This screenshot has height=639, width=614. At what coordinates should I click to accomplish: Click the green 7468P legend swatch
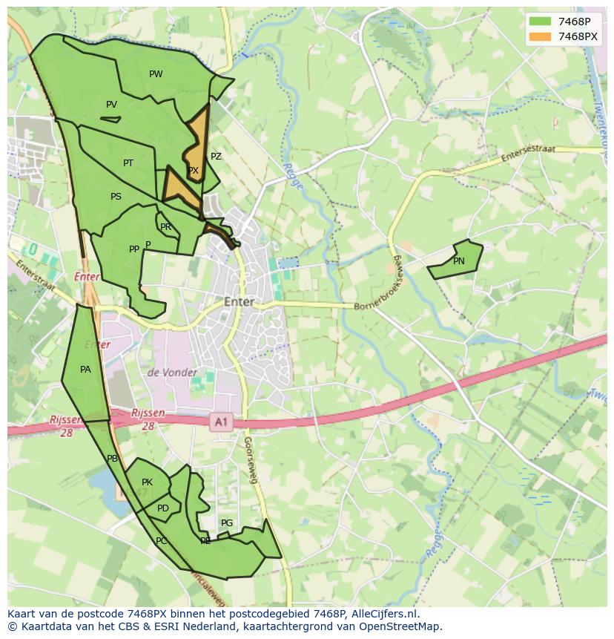coord(541,21)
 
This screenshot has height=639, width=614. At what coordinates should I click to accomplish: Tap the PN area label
coord(459,261)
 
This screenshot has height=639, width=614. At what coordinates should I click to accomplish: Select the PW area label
coord(156,74)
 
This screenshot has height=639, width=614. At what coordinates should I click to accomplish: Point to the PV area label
coord(111,105)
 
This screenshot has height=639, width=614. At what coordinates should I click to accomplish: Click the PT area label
coord(128,163)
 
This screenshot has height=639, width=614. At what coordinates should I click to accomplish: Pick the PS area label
coord(116,197)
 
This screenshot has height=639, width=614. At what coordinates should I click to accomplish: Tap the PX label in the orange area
coord(194,171)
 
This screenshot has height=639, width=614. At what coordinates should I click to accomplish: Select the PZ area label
coord(216,157)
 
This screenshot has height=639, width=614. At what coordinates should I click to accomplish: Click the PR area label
coord(165,227)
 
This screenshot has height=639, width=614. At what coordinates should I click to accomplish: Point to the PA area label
coord(85,370)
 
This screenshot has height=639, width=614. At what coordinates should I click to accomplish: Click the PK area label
coord(147,482)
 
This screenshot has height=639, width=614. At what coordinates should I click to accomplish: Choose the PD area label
coord(163,508)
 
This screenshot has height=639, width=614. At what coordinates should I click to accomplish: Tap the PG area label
coord(227,523)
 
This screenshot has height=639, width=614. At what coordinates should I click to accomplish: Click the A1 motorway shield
coord(220,422)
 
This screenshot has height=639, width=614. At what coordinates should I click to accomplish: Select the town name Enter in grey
coord(239,302)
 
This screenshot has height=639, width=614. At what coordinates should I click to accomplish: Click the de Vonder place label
coord(173,373)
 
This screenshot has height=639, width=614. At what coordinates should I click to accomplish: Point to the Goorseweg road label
coord(250,460)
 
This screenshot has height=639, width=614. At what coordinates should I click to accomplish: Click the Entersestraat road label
coord(528,154)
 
